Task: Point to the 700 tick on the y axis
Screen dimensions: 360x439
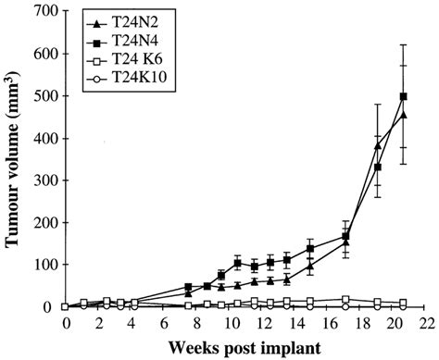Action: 44,12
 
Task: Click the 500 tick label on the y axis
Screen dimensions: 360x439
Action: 44,96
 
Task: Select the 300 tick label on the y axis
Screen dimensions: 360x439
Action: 44,180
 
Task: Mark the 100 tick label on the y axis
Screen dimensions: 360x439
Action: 44,265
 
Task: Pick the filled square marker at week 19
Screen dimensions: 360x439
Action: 378,167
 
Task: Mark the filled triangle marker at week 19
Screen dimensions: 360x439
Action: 378,145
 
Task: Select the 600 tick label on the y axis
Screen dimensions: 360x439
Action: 44,55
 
